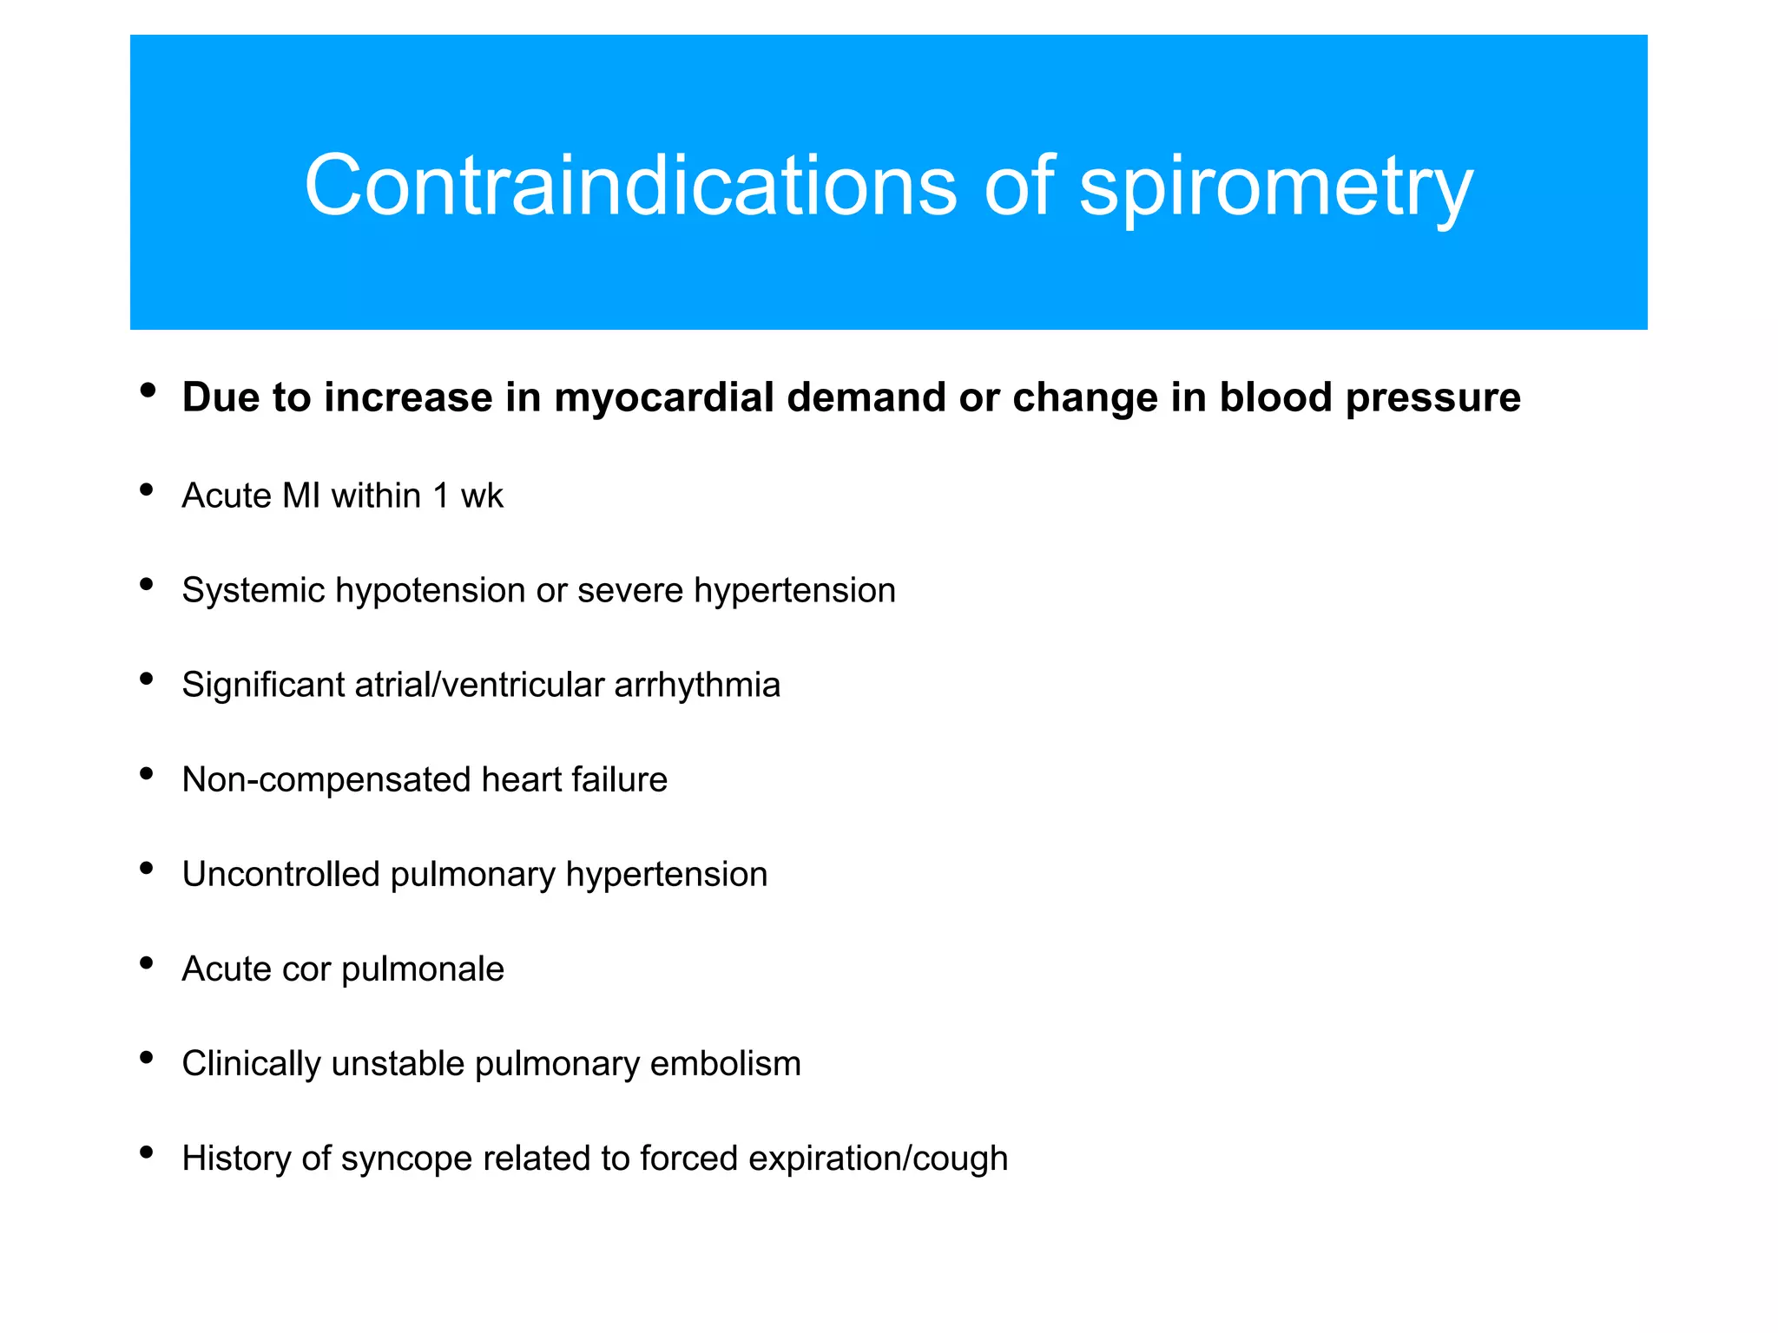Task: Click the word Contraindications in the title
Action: [630, 185]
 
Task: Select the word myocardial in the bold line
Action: [663, 398]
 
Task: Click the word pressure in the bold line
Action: [1432, 398]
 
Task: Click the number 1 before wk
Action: [441, 496]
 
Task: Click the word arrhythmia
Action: [697, 686]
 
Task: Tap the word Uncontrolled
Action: [280, 875]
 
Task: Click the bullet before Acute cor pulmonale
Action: [147, 962]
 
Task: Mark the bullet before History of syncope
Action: [147, 1152]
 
